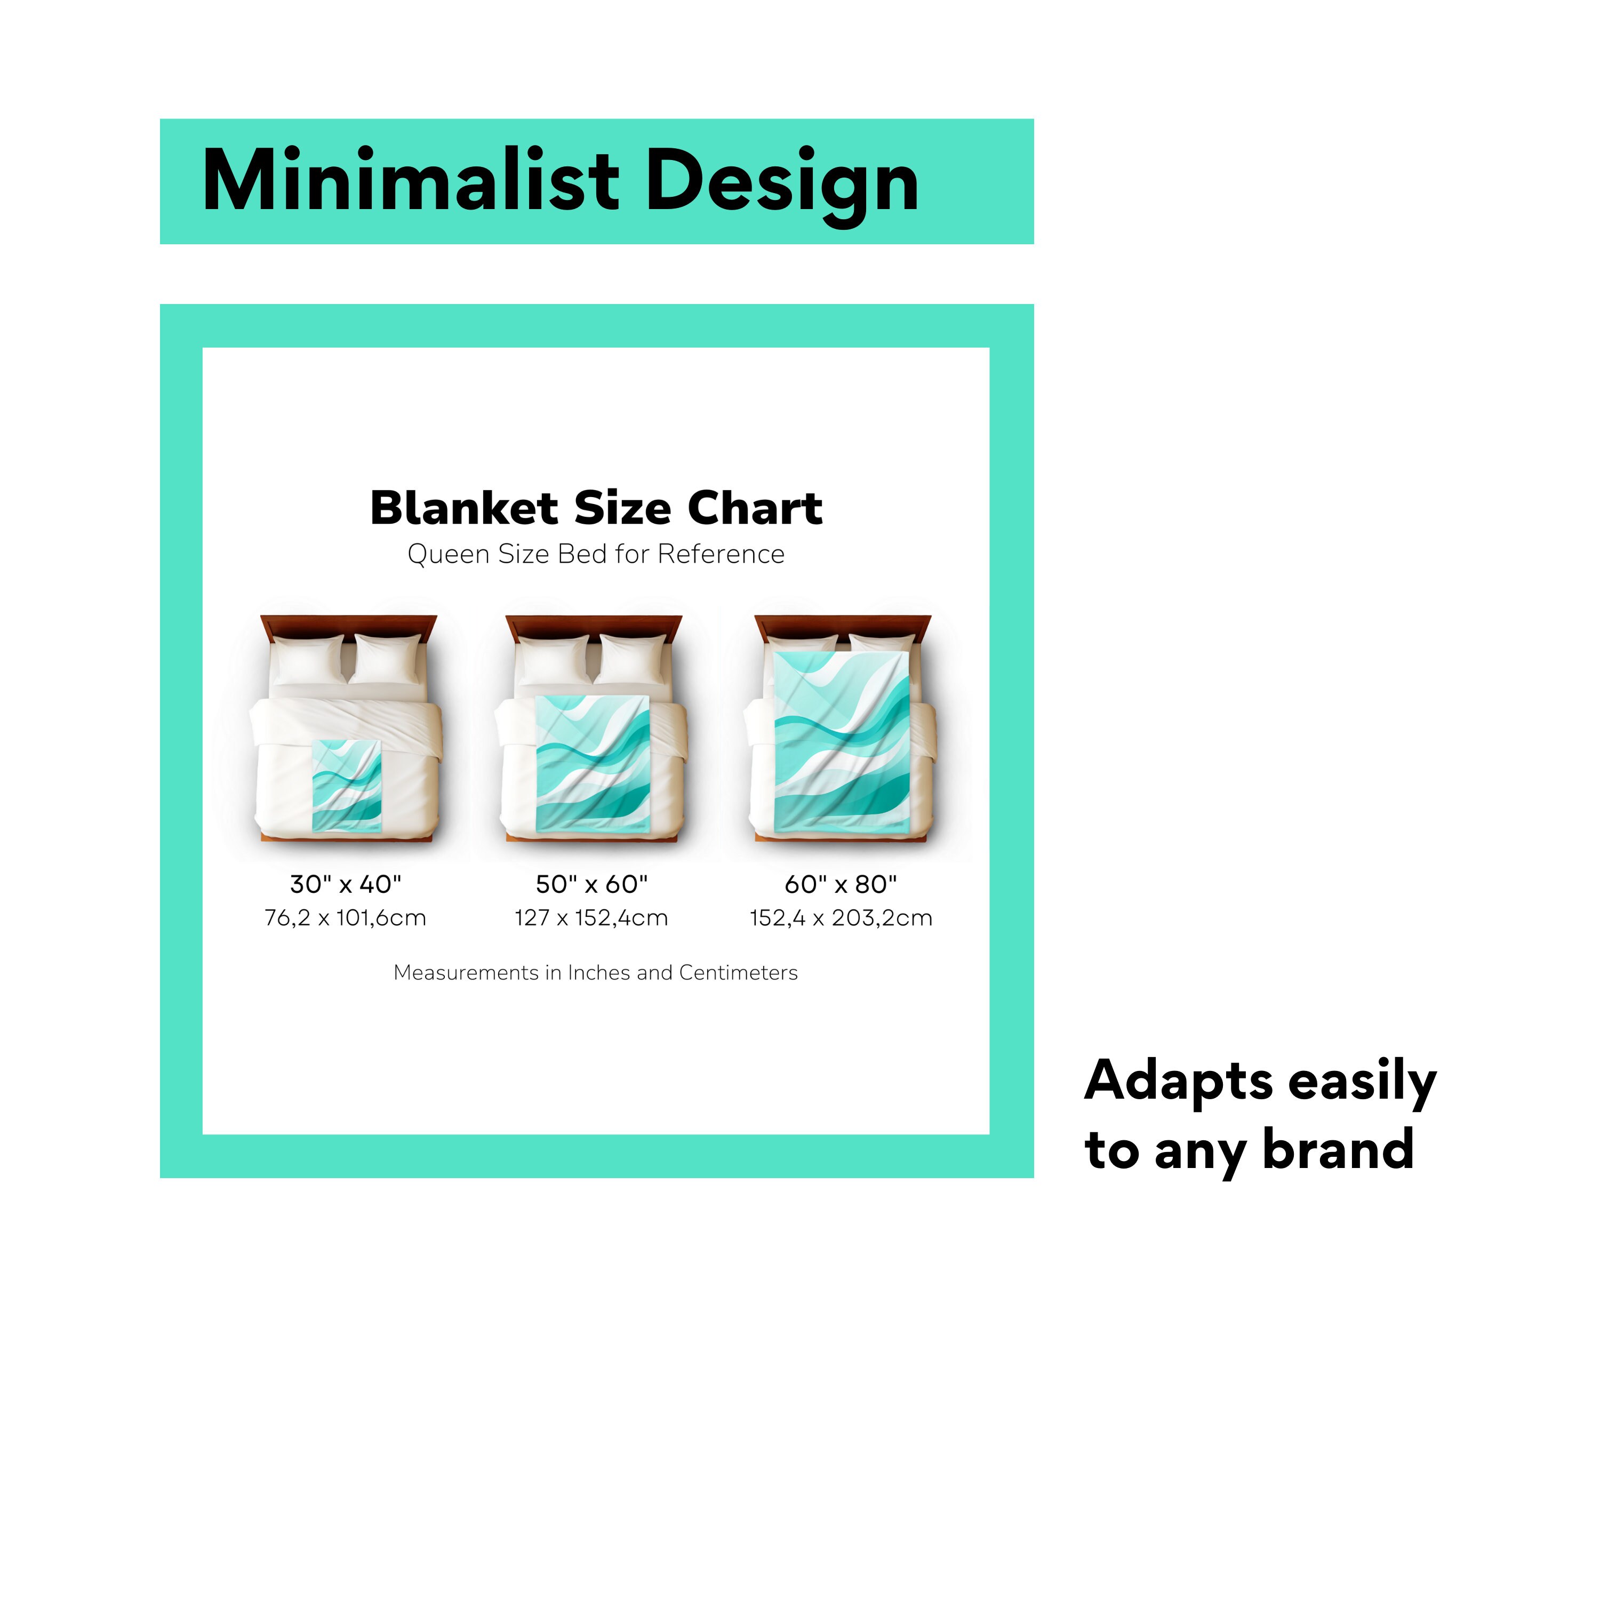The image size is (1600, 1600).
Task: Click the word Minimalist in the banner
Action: [410, 181]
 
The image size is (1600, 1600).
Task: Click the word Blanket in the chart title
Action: [464, 508]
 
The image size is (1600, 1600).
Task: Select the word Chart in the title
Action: [755, 508]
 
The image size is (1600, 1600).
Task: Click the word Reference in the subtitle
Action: [721, 554]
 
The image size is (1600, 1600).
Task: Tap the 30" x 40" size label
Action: [346, 884]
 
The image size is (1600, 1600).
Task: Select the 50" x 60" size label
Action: [591, 884]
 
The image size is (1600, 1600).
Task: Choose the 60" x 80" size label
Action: [841, 884]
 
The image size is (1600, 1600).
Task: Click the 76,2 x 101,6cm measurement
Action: [346, 917]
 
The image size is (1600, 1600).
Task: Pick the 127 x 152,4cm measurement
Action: [591, 917]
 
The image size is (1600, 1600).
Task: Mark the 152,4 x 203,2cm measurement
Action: [841, 917]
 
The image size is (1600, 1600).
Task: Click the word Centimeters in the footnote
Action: [738, 973]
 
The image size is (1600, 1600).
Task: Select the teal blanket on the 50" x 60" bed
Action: [592, 762]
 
